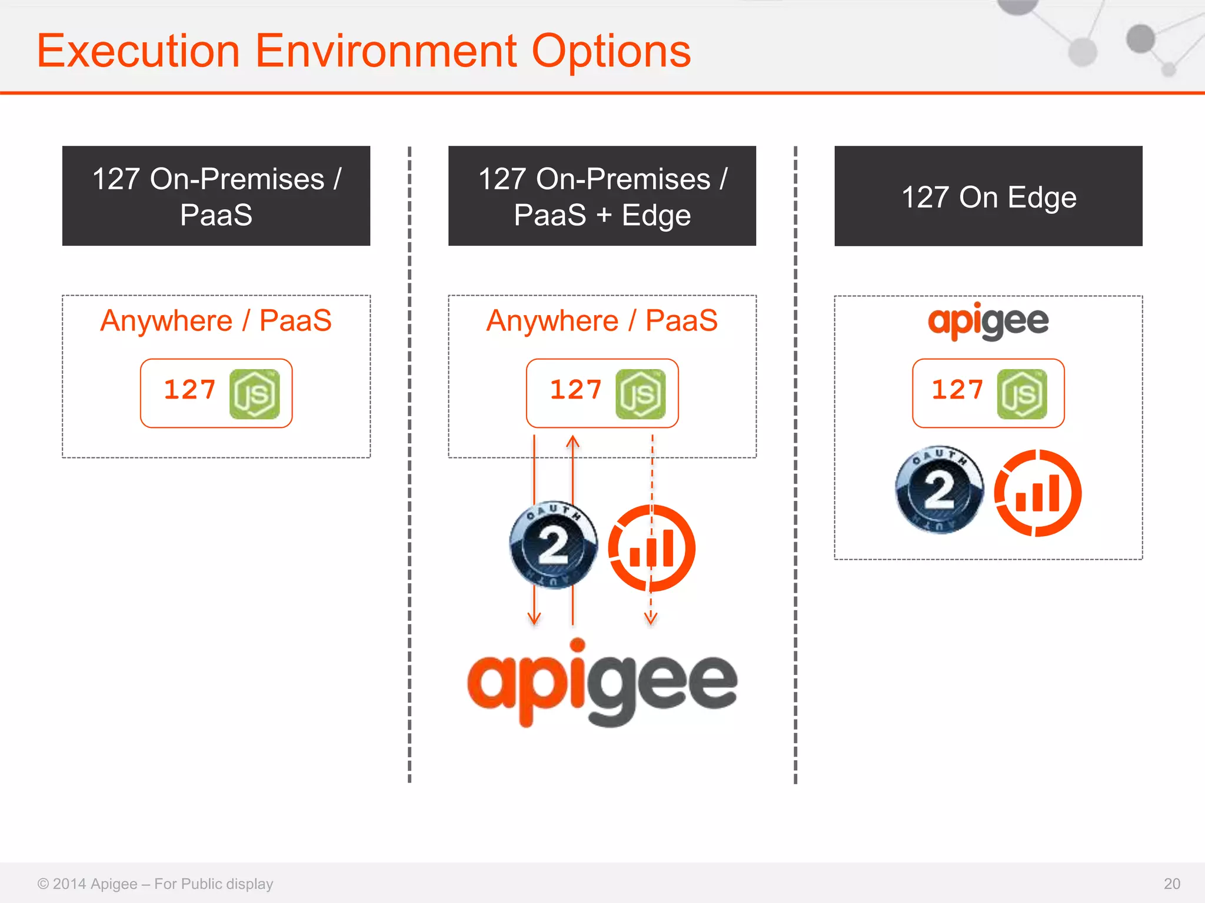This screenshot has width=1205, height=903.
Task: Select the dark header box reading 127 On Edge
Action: tap(988, 196)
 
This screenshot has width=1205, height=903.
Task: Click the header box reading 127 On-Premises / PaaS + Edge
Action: tap(602, 196)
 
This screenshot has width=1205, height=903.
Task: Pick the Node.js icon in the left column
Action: tap(254, 394)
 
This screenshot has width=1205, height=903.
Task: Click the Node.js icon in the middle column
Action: tap(640, 394)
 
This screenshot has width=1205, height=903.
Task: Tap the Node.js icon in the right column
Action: tap(1022, 394)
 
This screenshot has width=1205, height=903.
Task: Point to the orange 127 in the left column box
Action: tap(189, 390)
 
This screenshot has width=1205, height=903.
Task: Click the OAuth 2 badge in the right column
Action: tap(939, 490)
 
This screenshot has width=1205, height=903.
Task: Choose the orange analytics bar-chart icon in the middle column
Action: tap(651, 548)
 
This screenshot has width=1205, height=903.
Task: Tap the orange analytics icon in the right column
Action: tap(1037, 493)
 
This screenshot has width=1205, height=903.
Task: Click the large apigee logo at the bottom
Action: tap(602, 683)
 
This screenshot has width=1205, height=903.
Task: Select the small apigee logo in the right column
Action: tap(988, 321)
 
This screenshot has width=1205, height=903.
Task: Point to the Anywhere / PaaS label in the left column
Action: tap(216, 321)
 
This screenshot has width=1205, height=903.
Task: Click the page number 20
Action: tap(1171, 884)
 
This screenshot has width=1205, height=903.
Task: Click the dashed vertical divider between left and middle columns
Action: tap(410, 464)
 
